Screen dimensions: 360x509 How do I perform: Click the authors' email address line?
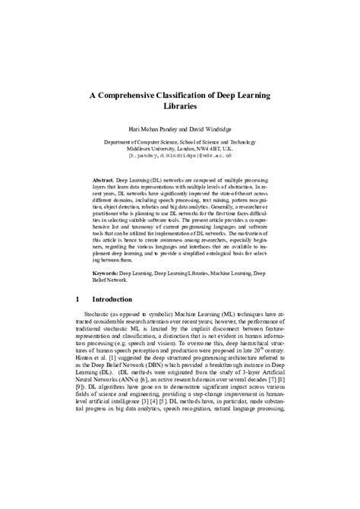tap(180, 157)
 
